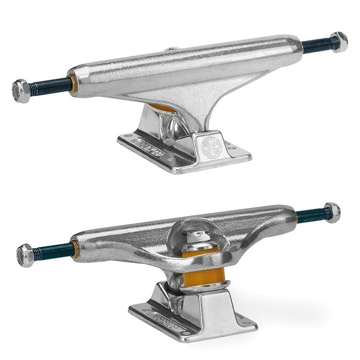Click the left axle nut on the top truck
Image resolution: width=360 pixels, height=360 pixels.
click(20, 89)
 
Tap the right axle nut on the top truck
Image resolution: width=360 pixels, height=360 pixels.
click(339, 42)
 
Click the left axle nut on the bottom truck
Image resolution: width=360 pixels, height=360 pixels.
click(25, 255)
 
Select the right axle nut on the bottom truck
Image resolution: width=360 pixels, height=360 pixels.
click(331, 212)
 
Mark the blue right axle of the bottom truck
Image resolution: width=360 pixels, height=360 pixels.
click(310, 216)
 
